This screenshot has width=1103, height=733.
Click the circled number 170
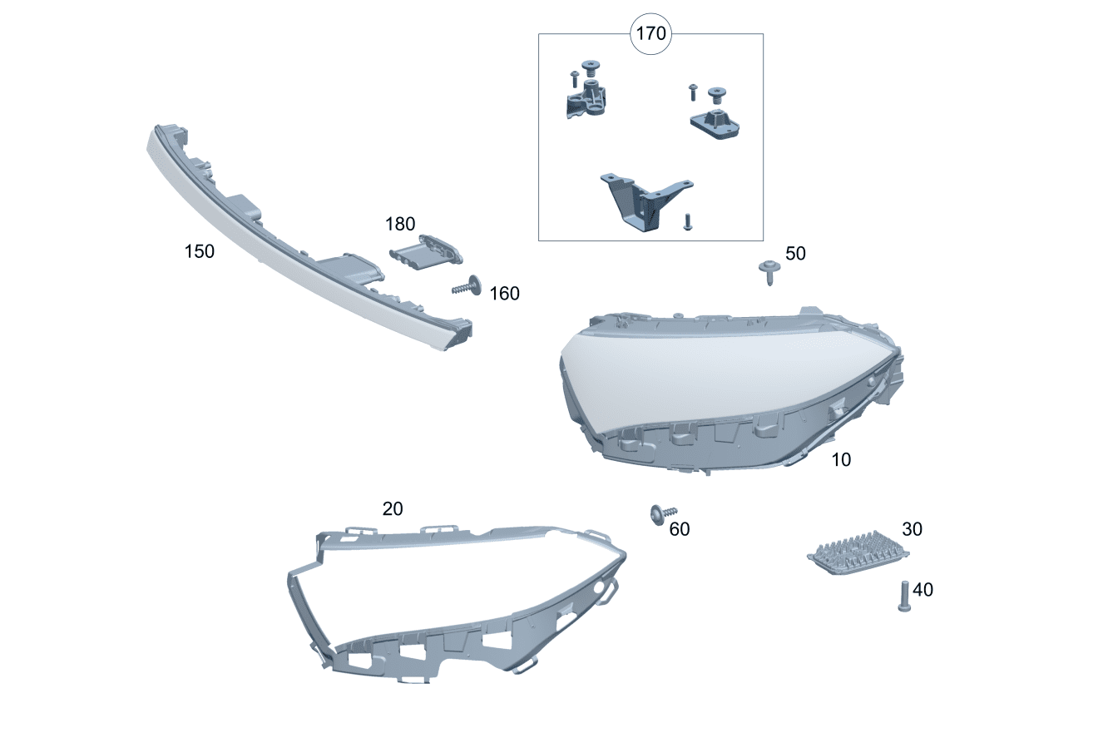click(650, 33)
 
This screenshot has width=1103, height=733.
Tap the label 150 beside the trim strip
click(199, 251)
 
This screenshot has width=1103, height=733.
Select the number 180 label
click(400, 224)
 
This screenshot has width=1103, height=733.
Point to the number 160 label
click(504, 293)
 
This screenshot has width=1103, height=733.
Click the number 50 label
click(795, 253)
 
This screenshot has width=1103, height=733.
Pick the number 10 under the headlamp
click(841, 459)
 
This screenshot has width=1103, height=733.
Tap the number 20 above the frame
click(393, 508)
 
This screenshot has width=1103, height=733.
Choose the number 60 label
click(679, 529)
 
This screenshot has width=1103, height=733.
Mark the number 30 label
click(912, 529)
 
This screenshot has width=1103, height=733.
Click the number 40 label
click(922, 590)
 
